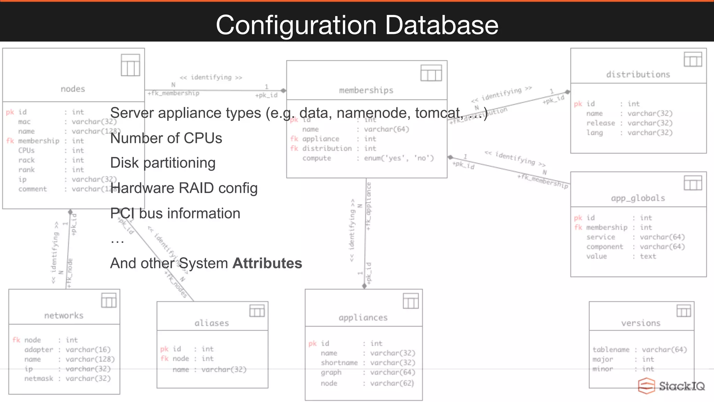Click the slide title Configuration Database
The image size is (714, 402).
tap(357, 25)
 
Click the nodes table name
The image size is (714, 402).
tap(73, 89)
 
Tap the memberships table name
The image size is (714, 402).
tap(366, 90)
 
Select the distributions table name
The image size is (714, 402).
tap(638, 74)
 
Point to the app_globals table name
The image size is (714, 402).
tap(638, 198)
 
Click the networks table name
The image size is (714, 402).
tap(64, 315)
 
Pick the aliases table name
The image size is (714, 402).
tap(212, 323)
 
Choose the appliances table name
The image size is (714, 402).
tap(363, 318)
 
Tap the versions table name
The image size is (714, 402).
tap(641, 323)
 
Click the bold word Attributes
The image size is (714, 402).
tap(267, 263)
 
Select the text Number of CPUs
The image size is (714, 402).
tap(166, 138)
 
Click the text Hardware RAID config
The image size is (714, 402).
tap(184, 188)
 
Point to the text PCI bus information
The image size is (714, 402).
tap(175, 213)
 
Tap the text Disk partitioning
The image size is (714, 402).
tap(163, 163)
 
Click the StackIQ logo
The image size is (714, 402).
tap(671, 386)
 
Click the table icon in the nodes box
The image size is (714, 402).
tap(130, 65)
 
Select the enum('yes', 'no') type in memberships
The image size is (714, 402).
tap(399, 158)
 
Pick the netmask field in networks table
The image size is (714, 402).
tap(39, 379)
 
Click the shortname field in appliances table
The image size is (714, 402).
tap(339, 363)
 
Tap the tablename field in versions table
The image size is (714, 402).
tap(611, 350)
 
